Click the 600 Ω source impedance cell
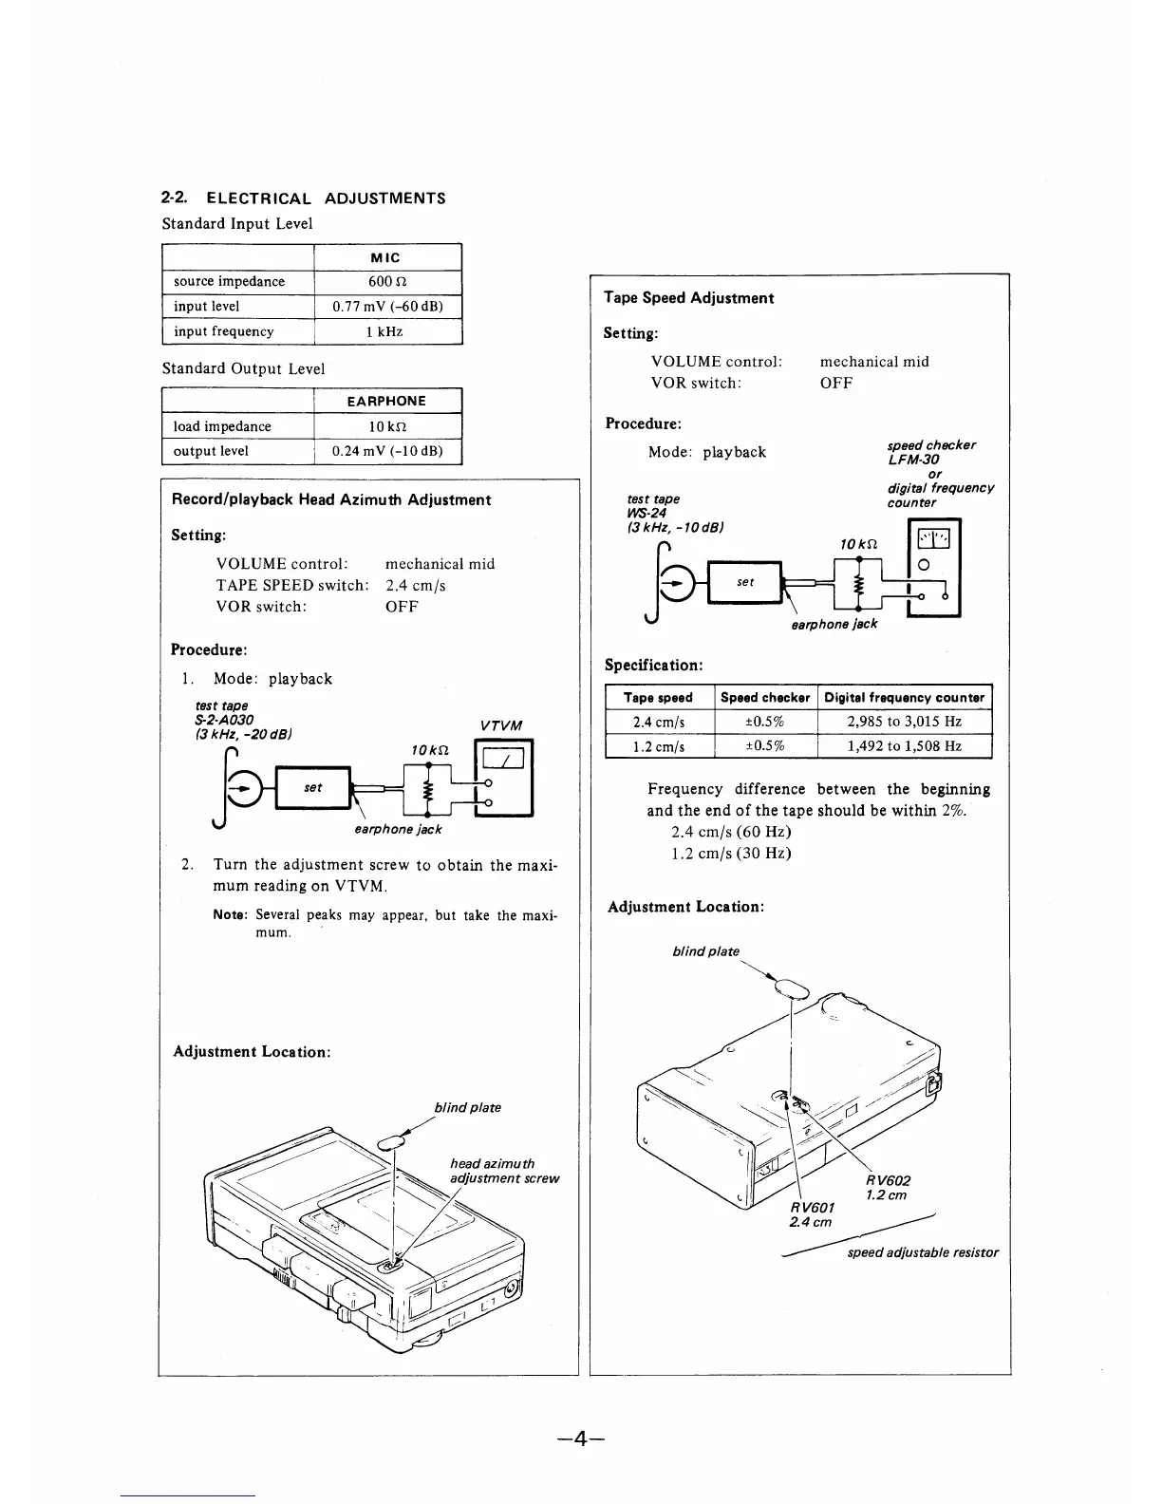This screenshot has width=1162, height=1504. pyautogui.click(x=387, y=281)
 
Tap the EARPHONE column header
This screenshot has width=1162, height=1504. pyautogui.click(x=386, y=401)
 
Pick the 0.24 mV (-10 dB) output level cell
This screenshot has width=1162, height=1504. pyautogui.click(x=387, y=451)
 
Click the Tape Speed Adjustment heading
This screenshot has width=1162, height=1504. pyautogui.click(x=688, y=297)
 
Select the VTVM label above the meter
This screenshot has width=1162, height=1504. pyautogui.click(x=501, y=726)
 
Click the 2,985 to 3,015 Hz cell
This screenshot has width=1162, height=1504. pyautogui.click(x=904, y=722)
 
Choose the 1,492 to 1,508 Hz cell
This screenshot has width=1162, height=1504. pyautogui.click(x=904, y=746)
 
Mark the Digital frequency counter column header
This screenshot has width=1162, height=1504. pyautogui.click(x=904, y=697)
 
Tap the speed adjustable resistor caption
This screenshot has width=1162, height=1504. pyautogui.click(x=922, y=1252)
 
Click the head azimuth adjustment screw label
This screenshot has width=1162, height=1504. pyautogui.click(x=503, y=1171)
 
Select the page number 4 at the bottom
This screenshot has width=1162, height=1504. pyautogui.click(x=581, y=1438)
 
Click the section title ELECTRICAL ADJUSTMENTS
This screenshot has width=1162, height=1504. pyautogui.click(x=326, y=198)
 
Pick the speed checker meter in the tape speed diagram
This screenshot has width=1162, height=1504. pyautogui.click(x=933, y=568)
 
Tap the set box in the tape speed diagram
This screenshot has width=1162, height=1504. pyautogui.click(x=746, y=582)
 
